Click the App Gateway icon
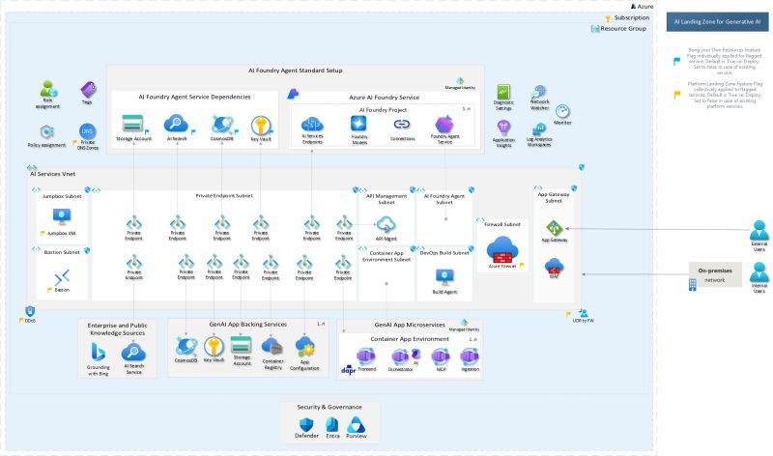click(x=554, y=228)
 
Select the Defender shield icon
click(x=305, y=426)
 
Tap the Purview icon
click(x=358, y=426)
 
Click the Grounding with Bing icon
click(x=99, y=351)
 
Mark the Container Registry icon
click(x=272, y=345)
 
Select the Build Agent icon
click(x=444, y=277)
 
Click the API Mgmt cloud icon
click(x=386, y=224)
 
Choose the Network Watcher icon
click(x=539, y=93)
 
